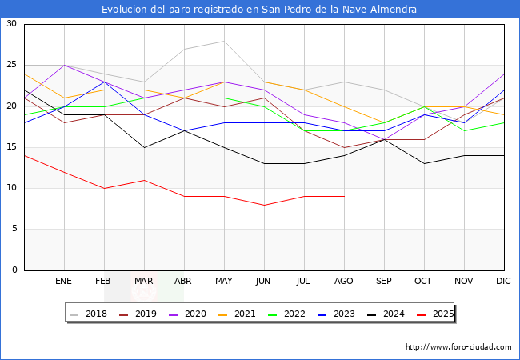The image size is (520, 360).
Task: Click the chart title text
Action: click(x=259, y=10)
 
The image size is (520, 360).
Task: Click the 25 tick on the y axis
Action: click(x=11, y=65)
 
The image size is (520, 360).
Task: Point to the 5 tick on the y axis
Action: click(x=14, y=229)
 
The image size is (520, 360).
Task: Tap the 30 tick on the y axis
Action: click(x=11, y=24)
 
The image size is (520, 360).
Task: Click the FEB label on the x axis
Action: click(x=103, y=282)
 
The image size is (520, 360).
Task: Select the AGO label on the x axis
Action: click(x=343, y=282)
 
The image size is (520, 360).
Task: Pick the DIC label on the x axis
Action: click(x=503, y=282)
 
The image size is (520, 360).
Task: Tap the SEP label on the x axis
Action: click(x=383, y=282)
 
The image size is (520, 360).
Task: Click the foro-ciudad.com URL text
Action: click(x=458, y=347)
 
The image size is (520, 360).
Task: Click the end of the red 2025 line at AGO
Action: click(x=344, y=196)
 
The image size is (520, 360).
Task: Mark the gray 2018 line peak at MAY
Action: click(x=224, y=41)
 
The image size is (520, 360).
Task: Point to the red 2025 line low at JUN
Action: click(x=264, y=205)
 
